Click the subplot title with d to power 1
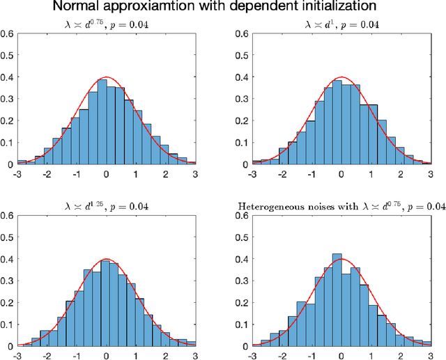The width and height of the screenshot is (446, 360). [341, 24]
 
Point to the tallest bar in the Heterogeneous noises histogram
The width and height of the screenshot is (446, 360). [337, 299]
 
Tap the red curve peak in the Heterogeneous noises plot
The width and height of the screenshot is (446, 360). [341, 259]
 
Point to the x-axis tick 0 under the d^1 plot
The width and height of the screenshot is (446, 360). [341, 173]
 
